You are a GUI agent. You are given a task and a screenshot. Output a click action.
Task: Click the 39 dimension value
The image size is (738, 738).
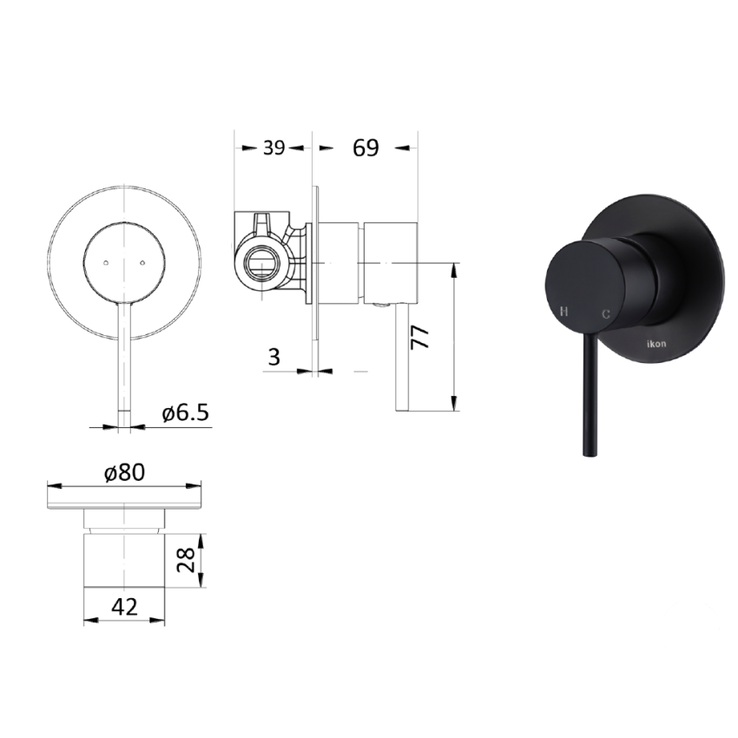(x=274, y=148)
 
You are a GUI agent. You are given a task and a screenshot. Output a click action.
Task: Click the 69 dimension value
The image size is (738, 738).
(x=366, y=148)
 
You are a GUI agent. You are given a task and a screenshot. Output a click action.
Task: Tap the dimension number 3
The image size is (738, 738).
(x=273, y=358)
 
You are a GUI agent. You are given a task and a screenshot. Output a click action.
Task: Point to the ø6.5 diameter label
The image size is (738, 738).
(x=186, y=413)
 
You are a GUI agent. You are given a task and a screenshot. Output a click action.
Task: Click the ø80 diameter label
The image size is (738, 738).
(x=123, y=472)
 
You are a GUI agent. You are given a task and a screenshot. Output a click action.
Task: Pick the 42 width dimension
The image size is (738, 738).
(x=124, y=607)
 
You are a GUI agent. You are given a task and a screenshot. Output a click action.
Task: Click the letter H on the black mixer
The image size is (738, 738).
(x=564, y=311)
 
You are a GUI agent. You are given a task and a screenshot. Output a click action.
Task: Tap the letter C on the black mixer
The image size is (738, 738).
(x=605, y=313)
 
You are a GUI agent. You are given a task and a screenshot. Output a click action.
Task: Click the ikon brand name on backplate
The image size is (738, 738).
(x=657, y=344)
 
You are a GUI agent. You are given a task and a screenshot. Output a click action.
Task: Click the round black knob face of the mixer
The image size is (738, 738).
(x=582, y=287)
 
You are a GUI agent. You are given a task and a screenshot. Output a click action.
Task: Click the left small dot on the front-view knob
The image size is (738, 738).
(x=104, y=260)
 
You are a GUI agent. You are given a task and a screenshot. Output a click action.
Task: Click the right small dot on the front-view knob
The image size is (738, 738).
(x=142, y=260)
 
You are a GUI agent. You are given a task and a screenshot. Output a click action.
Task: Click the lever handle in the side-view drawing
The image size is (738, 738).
(x=403, y=356)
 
